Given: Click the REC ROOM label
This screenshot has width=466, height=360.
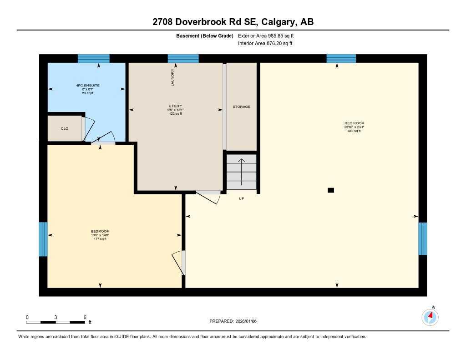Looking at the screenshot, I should click(x=354, y=123).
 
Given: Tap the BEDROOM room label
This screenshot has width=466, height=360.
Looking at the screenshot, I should click(x=100, y=231).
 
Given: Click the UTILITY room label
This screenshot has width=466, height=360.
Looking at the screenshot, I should click(x=175, y=106).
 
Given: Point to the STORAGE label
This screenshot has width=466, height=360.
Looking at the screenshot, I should click(x=241, y=106).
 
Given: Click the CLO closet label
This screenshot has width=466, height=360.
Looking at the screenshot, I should click(x=65, y=129).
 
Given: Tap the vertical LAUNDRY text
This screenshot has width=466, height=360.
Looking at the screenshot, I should click(x=172, y=77).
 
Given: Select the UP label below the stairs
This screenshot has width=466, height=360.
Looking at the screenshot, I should click(x=241, y=198).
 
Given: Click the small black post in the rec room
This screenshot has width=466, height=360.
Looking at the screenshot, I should click(x=331, y=190).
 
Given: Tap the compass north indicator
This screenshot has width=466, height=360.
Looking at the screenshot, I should click(x=430, y=316).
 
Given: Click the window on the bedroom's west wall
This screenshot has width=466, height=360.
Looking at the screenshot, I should click(x=43, y=239).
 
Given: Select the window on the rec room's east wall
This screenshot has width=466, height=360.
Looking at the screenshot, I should click(x=423, y=238).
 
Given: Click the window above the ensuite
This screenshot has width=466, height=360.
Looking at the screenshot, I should click(x=93, y=58).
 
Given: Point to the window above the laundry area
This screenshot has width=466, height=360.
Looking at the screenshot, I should click(x=183, y=58).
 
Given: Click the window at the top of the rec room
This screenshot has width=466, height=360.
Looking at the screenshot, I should click(x=341, y=58).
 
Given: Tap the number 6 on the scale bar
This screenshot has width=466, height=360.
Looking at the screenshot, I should click(x=85, y=317).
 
